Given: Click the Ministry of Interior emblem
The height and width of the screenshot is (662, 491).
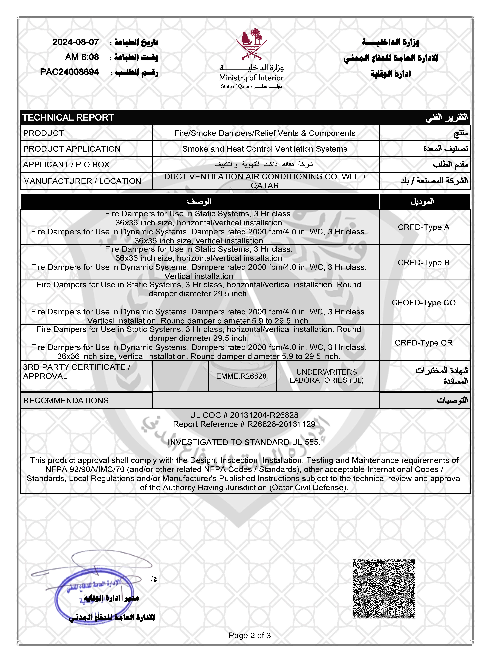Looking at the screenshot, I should [251, 45].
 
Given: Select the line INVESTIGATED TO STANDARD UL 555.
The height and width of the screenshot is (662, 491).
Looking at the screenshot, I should [244, 442].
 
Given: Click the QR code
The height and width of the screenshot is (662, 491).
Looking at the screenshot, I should [383, 589].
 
